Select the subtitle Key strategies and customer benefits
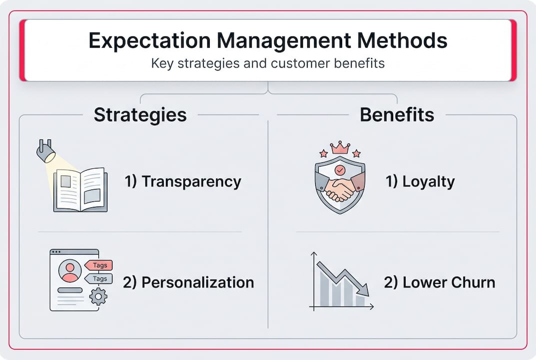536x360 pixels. pyautogui.click(x=268, y=64)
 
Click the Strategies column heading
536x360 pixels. pyautogui.click(x=140, y=115)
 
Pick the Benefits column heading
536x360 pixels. pyautogui.click(x=397, y=115)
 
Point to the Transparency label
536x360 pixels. pyautogui.click(x=183, y=181)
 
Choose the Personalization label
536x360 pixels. pyautogui.click(x=188, y=282)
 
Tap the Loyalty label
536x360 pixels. pyautogui.click(x=420, y=181)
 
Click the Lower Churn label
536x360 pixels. pyautogui.click(x=440, y=282)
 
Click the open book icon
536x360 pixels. pyautogui.click(x=80, y=190)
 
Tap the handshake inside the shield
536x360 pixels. pyautogui.click(x=340, y=189)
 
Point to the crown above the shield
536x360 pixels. pyautogui.click(x=340, y=147)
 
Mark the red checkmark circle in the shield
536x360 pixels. pyautogui.click(x=340, y=169)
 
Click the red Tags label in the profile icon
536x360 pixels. pyautogui.click(x=98, y=265)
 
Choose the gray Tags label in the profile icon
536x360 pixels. pyautogui.click(x=98, y=278)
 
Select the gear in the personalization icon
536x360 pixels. pyautogui.click(x=98, y=296)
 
